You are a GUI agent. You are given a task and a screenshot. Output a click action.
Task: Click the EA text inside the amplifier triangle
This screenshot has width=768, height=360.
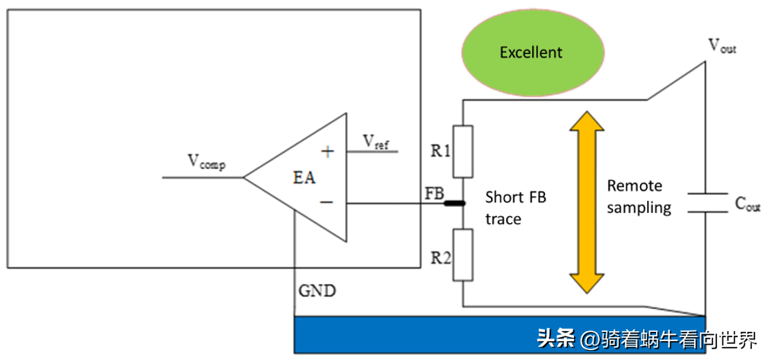(x=304, y=179)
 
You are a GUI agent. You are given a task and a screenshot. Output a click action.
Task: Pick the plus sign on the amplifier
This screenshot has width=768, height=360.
(x=327, y=151)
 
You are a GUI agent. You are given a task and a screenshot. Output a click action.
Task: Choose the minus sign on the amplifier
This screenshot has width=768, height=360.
(x=327, y=202)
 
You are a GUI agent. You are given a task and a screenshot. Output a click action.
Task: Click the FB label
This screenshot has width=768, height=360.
(x=434, y=193)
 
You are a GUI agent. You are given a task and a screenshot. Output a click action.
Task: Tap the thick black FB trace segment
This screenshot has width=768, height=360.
(x=454, y=203)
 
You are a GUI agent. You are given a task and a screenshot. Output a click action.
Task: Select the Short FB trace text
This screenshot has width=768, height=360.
(x=515, y=208)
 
